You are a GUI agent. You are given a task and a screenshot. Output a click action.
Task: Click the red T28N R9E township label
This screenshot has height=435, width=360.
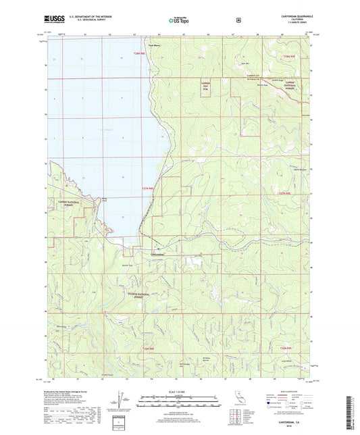290,56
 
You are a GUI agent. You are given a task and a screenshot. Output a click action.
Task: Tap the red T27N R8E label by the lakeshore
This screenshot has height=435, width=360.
148,188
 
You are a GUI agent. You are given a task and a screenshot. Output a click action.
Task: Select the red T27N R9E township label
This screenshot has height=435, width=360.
288,194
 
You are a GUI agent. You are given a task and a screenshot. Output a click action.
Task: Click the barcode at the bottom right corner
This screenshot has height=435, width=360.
354,409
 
